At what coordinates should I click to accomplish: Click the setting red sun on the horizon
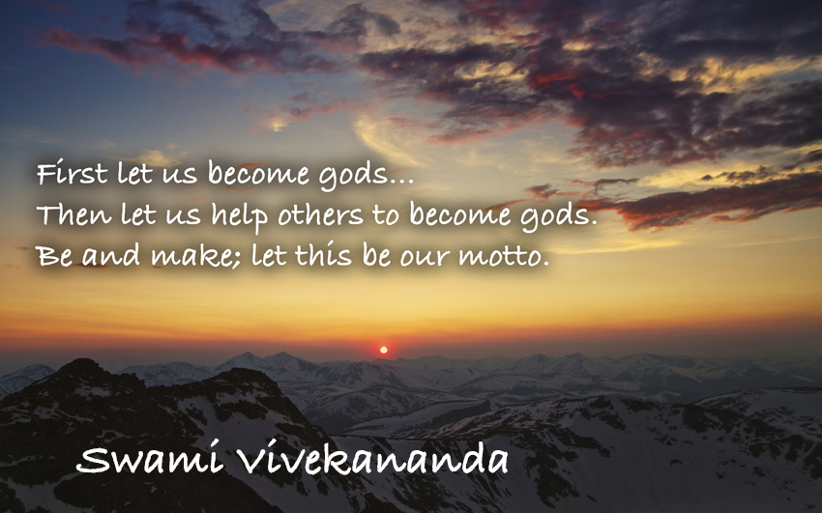pos(383,350)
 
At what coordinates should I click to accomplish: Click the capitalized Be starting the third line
pos(51,258)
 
